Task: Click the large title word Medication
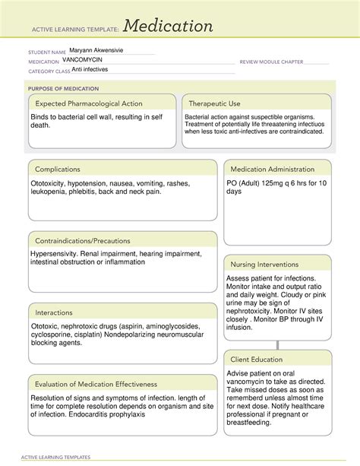tap(168, 27)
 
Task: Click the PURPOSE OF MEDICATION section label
tap(59, 88)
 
